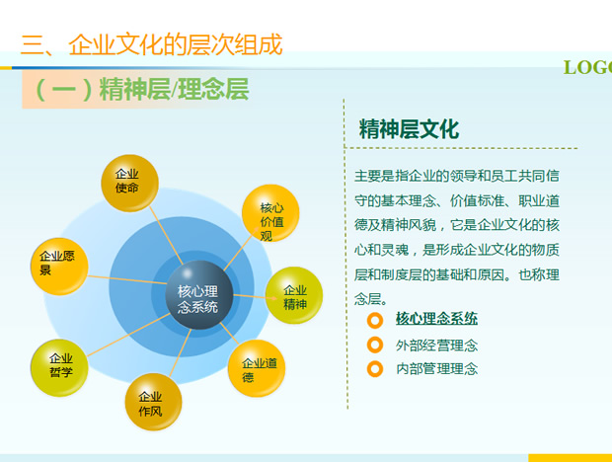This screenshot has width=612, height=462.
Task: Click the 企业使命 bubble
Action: (x=130, y=183)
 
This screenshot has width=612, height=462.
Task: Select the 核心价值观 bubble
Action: (x=270, y=213)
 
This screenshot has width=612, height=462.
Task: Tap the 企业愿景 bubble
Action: (x=59, y=267)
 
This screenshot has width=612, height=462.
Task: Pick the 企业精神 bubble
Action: (x=294, y=295)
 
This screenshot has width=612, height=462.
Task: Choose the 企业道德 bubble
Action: (x=257, y=368)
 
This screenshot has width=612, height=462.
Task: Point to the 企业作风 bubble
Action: (x=153, y=402)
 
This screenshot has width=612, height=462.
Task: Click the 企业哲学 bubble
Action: (x=59, y=368)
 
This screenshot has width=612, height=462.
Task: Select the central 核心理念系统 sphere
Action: (x=199, y=295)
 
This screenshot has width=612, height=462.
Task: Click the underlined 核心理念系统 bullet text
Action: (x=436, y=319)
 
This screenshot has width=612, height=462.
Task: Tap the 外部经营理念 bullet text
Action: (x=436, y=346)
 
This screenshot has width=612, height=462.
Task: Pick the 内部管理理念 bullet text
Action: (x=436, y=369)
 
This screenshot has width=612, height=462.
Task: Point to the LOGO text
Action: (x=587, y=67)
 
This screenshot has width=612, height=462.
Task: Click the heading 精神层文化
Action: (x=409, y=129)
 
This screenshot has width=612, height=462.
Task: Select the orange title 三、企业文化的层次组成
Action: (x=151, y=44)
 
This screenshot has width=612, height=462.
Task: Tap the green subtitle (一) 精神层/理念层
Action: (x=142, y=89)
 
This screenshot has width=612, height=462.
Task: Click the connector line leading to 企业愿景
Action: (x=127, y=279)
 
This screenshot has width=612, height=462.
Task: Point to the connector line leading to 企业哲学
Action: (x=129, y=335)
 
